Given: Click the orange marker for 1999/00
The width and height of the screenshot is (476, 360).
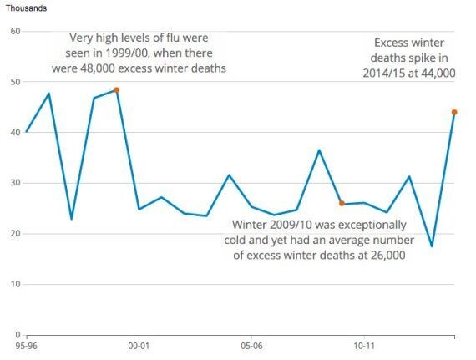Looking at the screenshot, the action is point(117,90).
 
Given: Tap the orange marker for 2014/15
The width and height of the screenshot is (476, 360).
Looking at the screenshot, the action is point(454,112).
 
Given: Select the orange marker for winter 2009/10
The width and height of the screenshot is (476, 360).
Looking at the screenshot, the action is point(342,203).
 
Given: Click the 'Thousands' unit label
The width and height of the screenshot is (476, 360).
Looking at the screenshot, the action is point(26,8).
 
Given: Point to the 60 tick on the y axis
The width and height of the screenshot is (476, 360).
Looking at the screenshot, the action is point(16,31).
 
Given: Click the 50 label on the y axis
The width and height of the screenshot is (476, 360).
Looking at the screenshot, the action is point(16,82).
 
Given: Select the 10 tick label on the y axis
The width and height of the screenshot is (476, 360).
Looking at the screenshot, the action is point(16,285).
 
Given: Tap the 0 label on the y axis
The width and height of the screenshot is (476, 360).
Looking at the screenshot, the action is point(18,335).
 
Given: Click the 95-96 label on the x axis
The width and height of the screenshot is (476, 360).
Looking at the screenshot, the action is point(27,346).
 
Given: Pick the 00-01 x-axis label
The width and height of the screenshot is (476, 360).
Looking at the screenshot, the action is point(139,346).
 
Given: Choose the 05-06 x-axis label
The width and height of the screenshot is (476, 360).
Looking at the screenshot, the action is point(251,346).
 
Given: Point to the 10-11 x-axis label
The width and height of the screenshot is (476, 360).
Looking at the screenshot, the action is point(364,346).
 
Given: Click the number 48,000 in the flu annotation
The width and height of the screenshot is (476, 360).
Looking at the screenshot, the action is point(98,68).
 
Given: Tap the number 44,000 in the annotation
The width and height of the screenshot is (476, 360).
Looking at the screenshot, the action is point(438,74).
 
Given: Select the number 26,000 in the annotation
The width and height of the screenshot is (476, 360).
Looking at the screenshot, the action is point(387,256).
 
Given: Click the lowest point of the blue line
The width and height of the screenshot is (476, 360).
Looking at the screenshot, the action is point(432,246).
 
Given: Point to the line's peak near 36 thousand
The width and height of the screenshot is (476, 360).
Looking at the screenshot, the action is point(319,150).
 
